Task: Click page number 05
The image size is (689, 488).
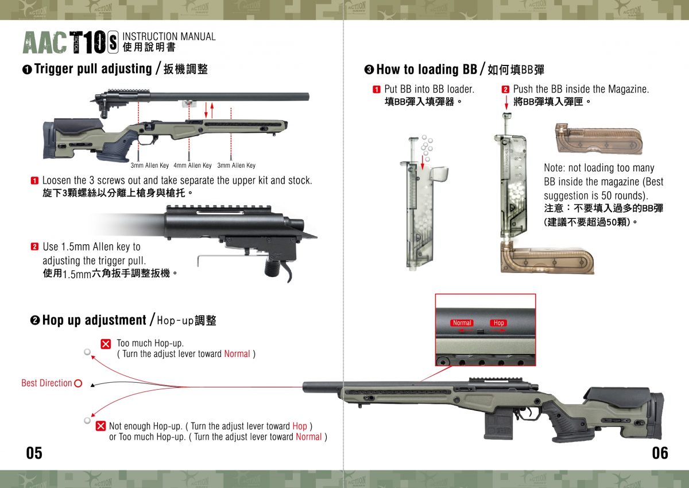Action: tap(34, 453)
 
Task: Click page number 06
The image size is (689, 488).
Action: tap(660, 453)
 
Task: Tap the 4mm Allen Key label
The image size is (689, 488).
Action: tap(192, 166)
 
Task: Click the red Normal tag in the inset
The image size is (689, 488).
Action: tap(462, 323)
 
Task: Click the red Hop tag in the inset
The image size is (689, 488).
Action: tap(498, 323)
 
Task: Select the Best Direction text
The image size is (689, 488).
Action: tap(47, 383)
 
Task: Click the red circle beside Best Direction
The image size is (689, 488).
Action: tap(78, 383)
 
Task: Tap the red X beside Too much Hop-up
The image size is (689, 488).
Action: tap(106, 344)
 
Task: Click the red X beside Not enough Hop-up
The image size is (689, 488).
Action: tap(100, 426)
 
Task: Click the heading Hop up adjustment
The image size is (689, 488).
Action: tap(94, 320)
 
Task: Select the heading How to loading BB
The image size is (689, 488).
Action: tap(427, 70)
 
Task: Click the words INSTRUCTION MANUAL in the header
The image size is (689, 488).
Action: tap(169, 37)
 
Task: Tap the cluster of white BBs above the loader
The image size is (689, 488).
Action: tap(425, 147)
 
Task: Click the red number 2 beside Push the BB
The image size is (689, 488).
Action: tap(505, 90)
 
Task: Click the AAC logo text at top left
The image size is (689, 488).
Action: tap(45, 43)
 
